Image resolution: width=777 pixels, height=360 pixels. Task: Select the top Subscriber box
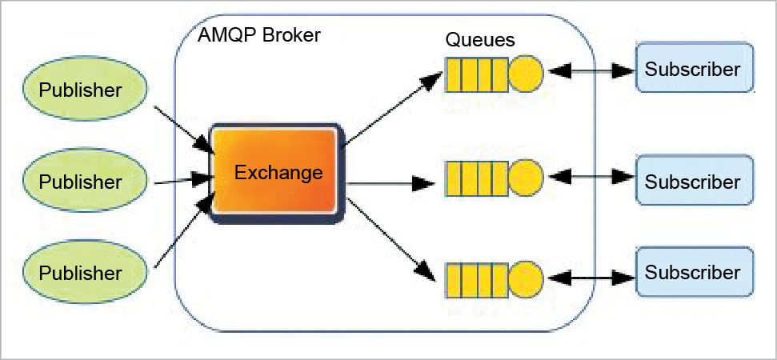pos(694,69)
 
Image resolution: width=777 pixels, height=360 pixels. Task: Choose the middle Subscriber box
pos(694,182)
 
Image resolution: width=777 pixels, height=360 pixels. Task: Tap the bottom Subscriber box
pos(694,272)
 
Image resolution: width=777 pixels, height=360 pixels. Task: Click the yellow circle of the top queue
pos(526,74)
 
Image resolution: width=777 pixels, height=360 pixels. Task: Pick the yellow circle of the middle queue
pos(526,175)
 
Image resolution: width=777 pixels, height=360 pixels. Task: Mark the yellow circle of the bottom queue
pos(526,277)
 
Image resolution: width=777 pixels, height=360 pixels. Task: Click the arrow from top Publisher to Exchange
pos(183,127)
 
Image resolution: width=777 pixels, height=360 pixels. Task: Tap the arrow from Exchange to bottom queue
pos(392,238)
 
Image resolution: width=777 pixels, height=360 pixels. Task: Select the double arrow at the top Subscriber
pos(590,71)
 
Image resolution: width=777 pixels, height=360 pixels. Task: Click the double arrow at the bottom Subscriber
pos(590,278)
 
